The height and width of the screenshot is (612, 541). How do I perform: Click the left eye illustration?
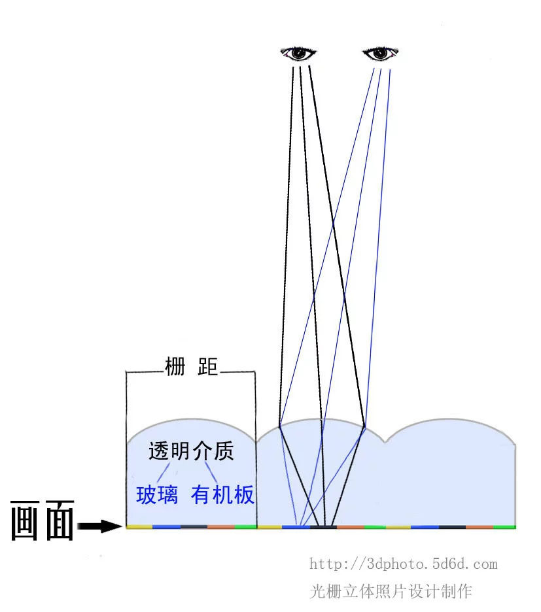298,53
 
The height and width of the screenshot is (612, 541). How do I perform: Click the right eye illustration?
380,53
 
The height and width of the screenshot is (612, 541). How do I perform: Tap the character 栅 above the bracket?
175,366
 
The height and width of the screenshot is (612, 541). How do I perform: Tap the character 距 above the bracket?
207,366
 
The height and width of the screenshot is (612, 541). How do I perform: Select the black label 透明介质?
191,450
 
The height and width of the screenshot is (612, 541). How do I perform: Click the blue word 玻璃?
157,494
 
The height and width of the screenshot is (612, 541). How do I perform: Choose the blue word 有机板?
222,494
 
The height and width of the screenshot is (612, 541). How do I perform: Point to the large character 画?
25,520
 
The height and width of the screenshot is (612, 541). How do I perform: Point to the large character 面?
60,520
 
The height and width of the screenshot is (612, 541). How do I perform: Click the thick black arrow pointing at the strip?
100,526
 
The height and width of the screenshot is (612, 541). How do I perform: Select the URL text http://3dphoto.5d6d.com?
403,564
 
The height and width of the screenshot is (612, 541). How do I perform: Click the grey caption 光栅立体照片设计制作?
391,591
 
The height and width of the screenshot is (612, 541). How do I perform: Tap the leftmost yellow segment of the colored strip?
139,527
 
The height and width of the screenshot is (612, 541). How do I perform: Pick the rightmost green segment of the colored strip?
504,527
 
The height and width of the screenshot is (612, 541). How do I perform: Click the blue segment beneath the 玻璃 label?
167,527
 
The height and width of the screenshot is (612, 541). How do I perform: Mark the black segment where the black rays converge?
323,527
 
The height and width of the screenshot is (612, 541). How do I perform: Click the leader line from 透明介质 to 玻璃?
164,473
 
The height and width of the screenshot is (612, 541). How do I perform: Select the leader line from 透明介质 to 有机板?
211,473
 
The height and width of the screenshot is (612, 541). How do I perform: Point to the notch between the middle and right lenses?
385,442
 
